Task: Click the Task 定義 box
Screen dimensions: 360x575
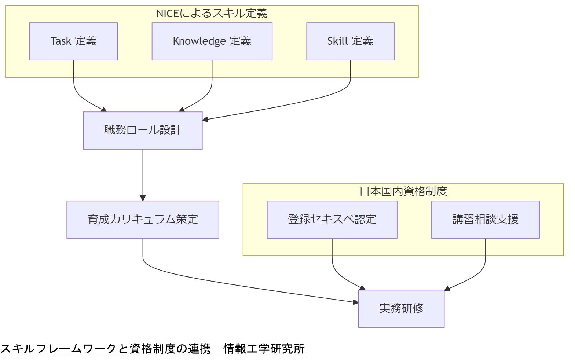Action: [73, 41]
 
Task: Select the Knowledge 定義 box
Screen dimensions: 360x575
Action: [212, 41]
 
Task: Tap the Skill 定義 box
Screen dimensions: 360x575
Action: [350, 41]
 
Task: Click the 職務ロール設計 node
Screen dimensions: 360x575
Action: [143, 131]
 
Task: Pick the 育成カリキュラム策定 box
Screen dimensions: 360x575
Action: [143, 220]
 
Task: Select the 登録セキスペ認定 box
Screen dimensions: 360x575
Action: [332, 220]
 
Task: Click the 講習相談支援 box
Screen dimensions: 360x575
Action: [485, 220]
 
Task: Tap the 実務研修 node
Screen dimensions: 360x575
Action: [401, 309]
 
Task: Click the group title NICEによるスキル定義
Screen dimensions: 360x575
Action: [212, 14]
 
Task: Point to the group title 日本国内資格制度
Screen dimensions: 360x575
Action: [403, 191]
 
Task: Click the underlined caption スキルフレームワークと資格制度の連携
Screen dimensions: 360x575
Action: [106, 349]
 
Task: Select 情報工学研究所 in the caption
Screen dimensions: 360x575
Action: [264, 349]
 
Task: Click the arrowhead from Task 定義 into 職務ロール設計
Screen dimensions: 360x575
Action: [104, 110]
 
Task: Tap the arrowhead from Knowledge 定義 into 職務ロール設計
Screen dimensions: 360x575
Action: [182, 110]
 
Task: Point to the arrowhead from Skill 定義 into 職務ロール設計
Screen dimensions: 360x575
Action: [205, 119]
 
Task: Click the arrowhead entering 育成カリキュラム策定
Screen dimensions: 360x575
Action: [143, 198]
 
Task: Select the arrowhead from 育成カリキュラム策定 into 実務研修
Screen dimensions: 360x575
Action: [355, 302]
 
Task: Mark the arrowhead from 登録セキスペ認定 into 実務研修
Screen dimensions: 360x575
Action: [363, 288]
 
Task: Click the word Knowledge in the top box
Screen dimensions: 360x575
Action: [199, 41]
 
